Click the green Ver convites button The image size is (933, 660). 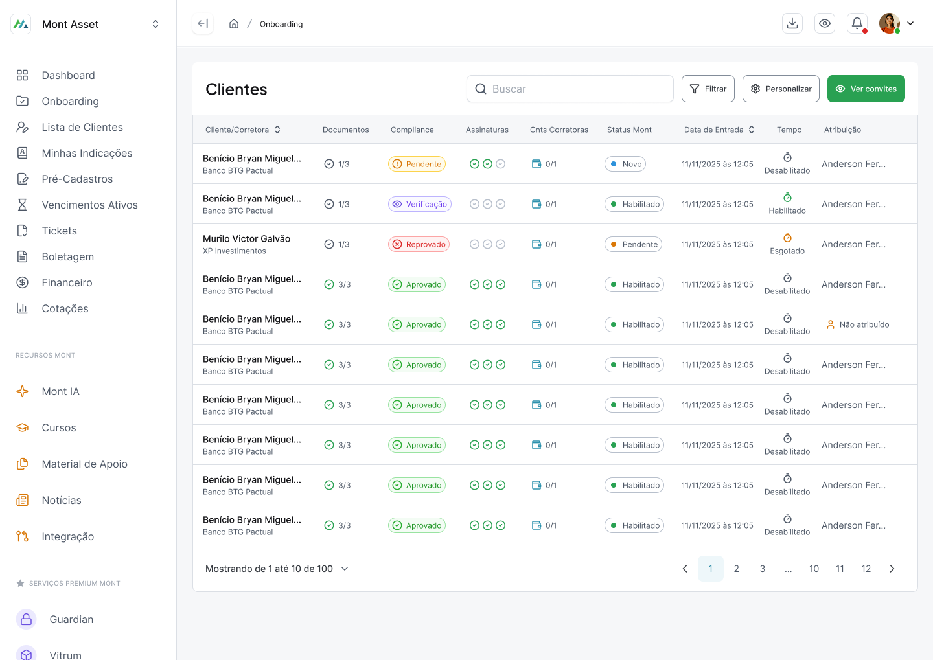tap(866, 89)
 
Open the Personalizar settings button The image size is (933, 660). tap(781, 89)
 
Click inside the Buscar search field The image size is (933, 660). tap(570, 89)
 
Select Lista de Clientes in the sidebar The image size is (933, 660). tap(82, 127)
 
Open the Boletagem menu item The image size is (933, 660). tap(67, 256)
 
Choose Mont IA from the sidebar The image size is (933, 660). tap(60, 391)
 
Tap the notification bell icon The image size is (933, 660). tap(857, 23)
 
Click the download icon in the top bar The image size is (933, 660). tap(792, 23)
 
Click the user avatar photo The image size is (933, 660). tap(889, 23)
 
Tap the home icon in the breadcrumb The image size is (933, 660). tap(234, 24)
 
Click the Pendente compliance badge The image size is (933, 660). tap(417, 164)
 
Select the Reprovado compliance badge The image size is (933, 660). tap(419, 244)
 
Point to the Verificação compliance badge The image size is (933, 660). tap(419, 204)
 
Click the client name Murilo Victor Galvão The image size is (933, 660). tap(247, 238)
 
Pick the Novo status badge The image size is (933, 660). tap(625, 164)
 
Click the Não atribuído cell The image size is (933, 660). tap(858, 324)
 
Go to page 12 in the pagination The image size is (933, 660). tap(866, 569)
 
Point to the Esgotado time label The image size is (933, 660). tap(787, 251)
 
